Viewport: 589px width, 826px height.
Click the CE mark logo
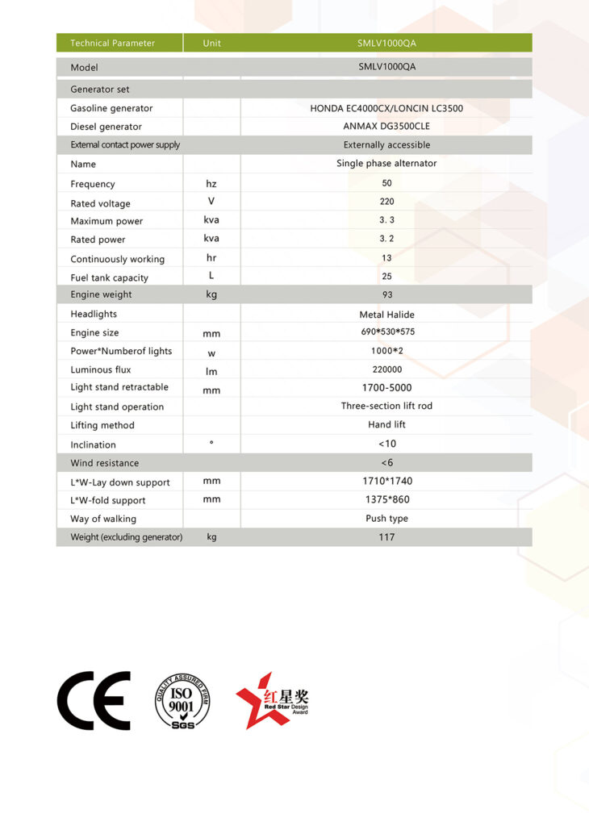coord(94,700)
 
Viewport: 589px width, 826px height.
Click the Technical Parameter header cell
coord(112,43)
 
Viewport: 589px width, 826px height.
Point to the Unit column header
coord(212,43)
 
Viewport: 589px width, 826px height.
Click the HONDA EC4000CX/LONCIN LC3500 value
coord(386,108)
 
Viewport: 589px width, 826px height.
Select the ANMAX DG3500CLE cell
coord(386,127)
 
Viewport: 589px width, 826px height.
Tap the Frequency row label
coord(93,184)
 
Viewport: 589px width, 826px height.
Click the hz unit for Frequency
coord(211,184)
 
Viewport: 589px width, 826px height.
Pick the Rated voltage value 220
coord(386,202)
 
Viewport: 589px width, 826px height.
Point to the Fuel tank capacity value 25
coord(386,277)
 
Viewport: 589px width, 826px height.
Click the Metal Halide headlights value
coord(386,315)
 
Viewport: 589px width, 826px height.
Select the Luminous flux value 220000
coord(386,369)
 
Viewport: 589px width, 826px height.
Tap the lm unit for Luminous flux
coord(211,371)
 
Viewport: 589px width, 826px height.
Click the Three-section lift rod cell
coord(386,406)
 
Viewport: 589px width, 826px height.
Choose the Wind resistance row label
coord(104,463)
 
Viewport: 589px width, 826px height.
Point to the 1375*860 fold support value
coord(386,500)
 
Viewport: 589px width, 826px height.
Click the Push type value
coord(386,519)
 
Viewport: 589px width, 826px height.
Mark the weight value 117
coord(386,537)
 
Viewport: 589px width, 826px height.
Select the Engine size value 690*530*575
coord(386,332)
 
